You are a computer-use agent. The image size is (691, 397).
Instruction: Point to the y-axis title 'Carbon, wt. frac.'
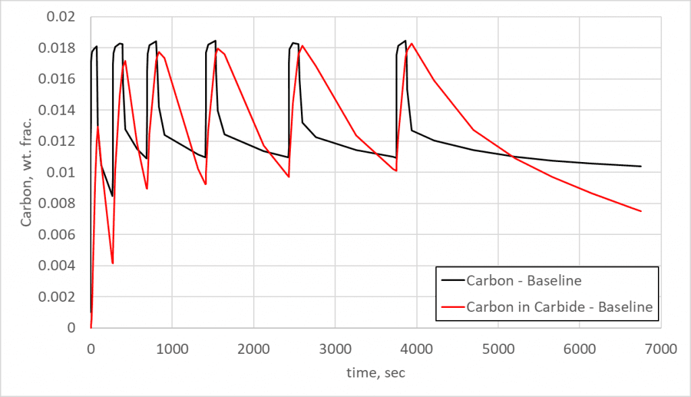(26, 171)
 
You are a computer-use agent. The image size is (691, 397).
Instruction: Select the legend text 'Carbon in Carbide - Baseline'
(559, 307)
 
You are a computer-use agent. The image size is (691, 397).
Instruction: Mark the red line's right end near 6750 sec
(640, 211)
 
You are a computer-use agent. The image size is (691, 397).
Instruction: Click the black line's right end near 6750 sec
(640, 166)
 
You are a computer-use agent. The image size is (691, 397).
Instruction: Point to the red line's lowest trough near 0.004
(113, 263)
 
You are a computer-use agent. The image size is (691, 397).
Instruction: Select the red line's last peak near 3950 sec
(412, 44)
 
